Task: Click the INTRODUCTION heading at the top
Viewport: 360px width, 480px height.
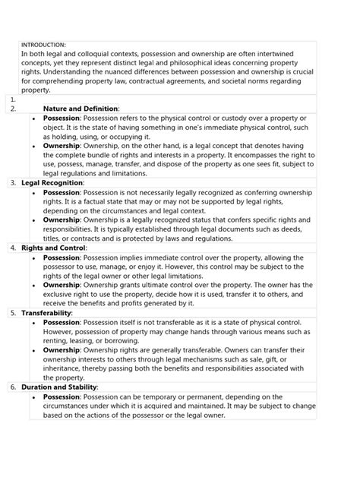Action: click(45, 46)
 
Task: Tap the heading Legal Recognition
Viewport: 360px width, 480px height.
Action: click(53, 183)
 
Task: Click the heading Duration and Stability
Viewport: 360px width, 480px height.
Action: click(60, 386)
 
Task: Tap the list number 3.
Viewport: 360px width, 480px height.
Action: click(14, 183)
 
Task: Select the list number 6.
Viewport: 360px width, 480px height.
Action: click(14, 386)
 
